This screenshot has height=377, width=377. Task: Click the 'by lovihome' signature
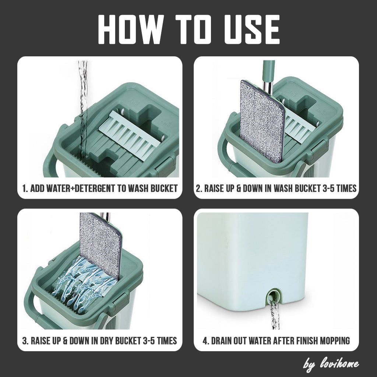click(x=331, y=364)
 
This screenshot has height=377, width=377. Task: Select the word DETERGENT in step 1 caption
click(x=95, y=188)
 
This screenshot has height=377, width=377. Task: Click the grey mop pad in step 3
click(x=101, y=245)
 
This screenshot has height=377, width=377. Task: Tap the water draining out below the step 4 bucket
click(x=274, y=315)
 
